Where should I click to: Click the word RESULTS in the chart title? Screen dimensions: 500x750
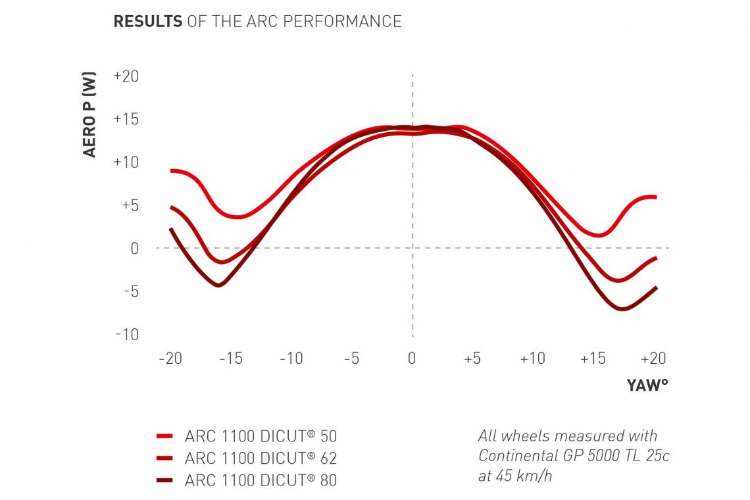(148, 21)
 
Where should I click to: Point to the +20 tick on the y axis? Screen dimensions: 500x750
(126, 76)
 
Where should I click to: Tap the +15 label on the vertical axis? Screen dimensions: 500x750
(126, 119)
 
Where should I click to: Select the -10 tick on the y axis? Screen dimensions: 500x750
(127, 334)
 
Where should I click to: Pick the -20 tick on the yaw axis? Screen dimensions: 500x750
(170, 359)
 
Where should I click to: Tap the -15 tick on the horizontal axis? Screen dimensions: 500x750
(230, 359)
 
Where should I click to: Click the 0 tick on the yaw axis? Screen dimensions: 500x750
(412, 359)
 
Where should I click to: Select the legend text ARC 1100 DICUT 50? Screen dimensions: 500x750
(261, 436)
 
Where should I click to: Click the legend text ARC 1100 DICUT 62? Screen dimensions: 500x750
(261, 458)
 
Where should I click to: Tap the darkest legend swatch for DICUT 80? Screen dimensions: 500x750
(164, 480)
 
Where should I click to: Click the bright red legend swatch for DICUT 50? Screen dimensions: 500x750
(164, 436)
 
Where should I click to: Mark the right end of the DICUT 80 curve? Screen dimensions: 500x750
(656, 287)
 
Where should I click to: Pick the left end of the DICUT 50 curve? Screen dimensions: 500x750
(171, 170)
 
